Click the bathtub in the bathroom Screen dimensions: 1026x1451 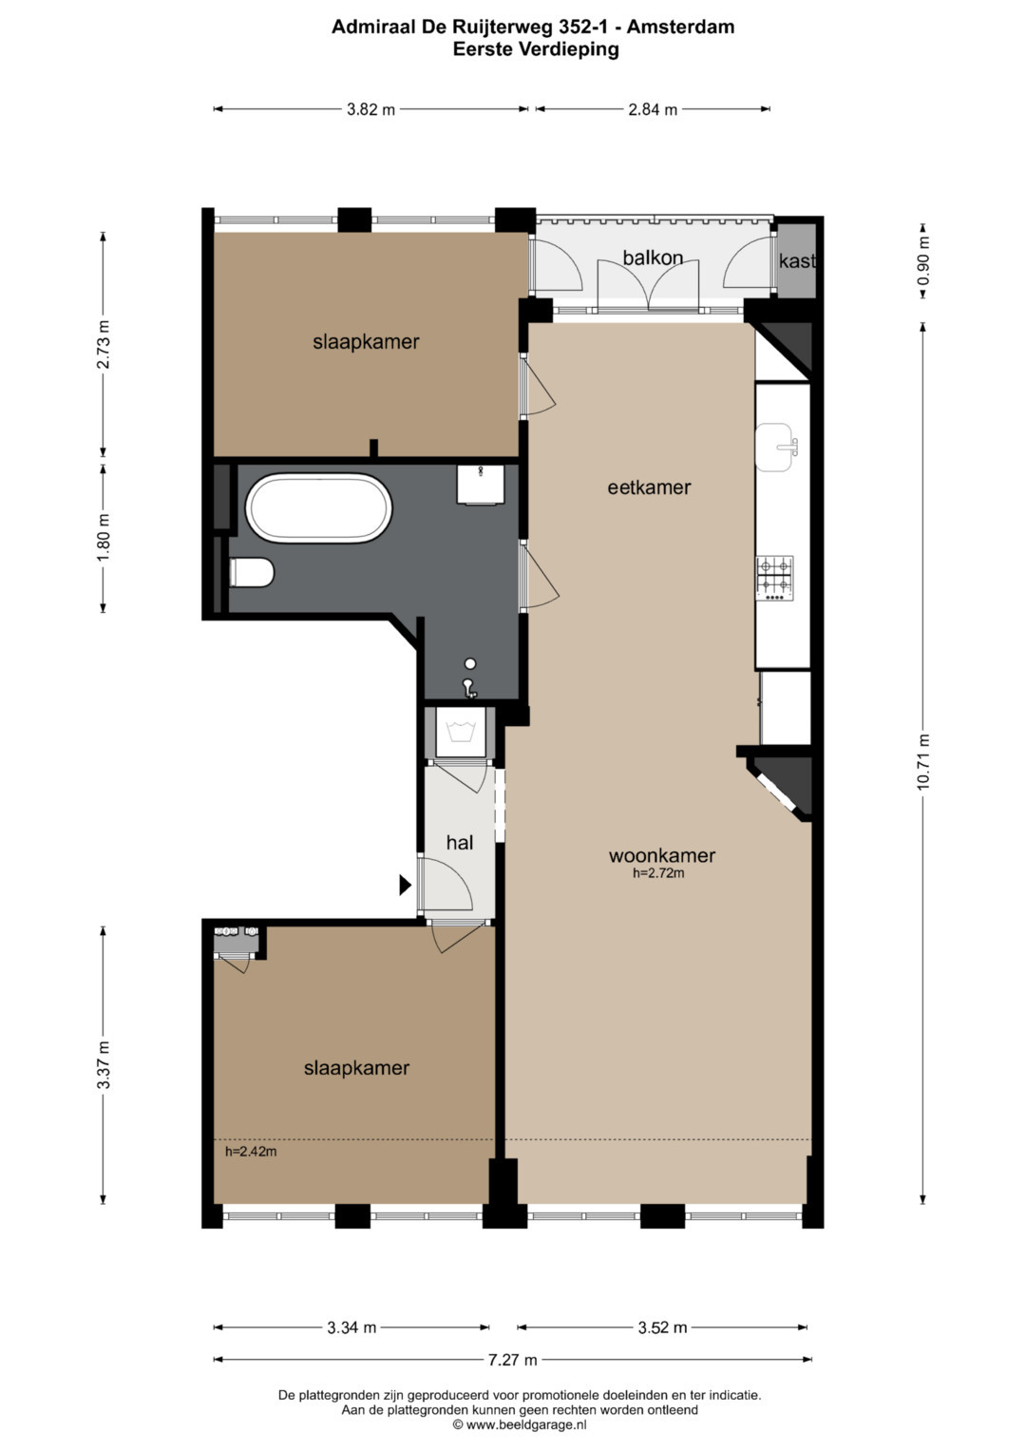[x=318, y=507]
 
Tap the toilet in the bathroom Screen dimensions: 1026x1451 [x=252, y=572]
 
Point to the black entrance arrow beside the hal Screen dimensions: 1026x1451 [x=406, y=885]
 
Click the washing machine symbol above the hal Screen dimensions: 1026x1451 [x=460, y=732]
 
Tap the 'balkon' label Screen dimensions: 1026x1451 [x=653, y=258]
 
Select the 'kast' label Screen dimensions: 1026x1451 [x=797, y=261]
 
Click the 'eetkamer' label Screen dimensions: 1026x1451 [x=649, y=487]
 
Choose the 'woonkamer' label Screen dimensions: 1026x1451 [x=662, y=855]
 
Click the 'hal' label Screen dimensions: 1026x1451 [x=460, y=842]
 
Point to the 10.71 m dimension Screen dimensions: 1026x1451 [x=923, y=761]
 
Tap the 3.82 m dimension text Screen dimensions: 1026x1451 [x=370, y=109]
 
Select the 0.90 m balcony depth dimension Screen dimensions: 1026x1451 [x=923, y=261]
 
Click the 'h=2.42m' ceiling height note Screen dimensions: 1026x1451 [x=251, y=1151]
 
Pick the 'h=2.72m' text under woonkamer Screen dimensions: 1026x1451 [x=658, y=872]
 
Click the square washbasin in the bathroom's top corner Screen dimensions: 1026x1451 [x=481, y=484]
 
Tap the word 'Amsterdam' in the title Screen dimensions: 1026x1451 [x=681, y=27]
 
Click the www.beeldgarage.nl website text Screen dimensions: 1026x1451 [x=526, y=1424]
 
